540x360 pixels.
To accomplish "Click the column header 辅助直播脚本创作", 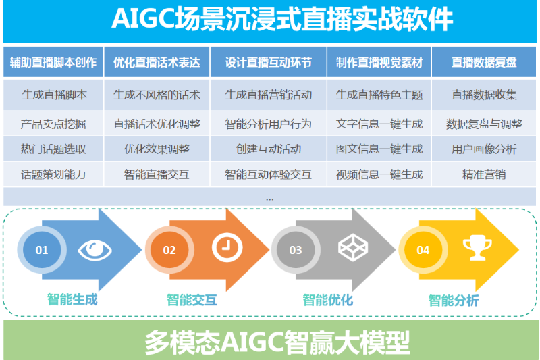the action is click(53, 62).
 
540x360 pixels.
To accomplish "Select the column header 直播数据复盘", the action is click(484, 62).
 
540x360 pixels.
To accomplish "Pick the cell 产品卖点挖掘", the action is click(53, 124).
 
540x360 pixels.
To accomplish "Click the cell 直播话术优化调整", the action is click(157, 124).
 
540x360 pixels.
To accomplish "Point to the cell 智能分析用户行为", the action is click(268, 124).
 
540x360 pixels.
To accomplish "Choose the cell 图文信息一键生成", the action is click(379, 149).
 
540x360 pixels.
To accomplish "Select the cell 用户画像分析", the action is click(484, 149).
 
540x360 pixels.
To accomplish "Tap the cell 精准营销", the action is click(484, 174).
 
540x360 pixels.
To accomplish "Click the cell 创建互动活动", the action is click(268, 149).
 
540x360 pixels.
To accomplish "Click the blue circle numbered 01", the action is click(42, 250).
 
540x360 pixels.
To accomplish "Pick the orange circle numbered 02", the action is click(169, 250).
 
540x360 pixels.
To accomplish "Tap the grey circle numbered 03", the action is click(296, 250).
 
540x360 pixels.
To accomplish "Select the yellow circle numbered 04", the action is click(423, 250).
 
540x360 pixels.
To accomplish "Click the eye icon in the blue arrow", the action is click(95, 250).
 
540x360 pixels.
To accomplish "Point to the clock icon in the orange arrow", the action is click(227, 247).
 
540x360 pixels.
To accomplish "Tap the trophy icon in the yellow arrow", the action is click(477, 247).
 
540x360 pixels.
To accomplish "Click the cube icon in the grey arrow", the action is click(353, 247).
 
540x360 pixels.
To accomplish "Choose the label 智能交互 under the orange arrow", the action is click(192, 300).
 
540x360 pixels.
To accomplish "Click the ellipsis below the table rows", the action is click(269, 199).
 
